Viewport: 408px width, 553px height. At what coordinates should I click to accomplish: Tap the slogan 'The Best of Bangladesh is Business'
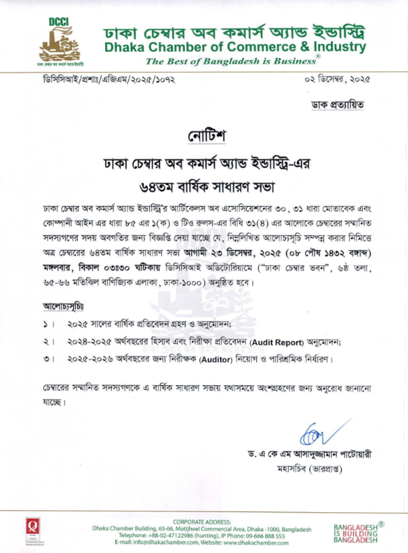(231, 62)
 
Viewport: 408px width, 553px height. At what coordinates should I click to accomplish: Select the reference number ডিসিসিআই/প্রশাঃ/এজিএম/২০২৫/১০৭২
(109, 80)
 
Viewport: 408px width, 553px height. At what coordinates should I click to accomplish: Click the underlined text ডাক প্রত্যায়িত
(337, 105)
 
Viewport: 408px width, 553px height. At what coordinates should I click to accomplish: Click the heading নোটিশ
(207, 136)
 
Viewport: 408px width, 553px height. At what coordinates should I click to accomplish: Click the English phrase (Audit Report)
(277, 342)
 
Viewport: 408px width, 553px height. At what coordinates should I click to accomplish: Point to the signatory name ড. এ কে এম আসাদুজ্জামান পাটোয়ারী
(310, 454)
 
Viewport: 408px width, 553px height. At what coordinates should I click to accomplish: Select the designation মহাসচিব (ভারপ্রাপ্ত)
(310, 469)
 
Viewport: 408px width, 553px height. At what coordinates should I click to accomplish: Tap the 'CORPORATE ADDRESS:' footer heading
(202, 522)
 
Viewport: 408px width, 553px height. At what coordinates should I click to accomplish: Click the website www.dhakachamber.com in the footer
(256, 543)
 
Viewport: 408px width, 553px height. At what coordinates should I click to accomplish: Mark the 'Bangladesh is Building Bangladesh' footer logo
(356, 533)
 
